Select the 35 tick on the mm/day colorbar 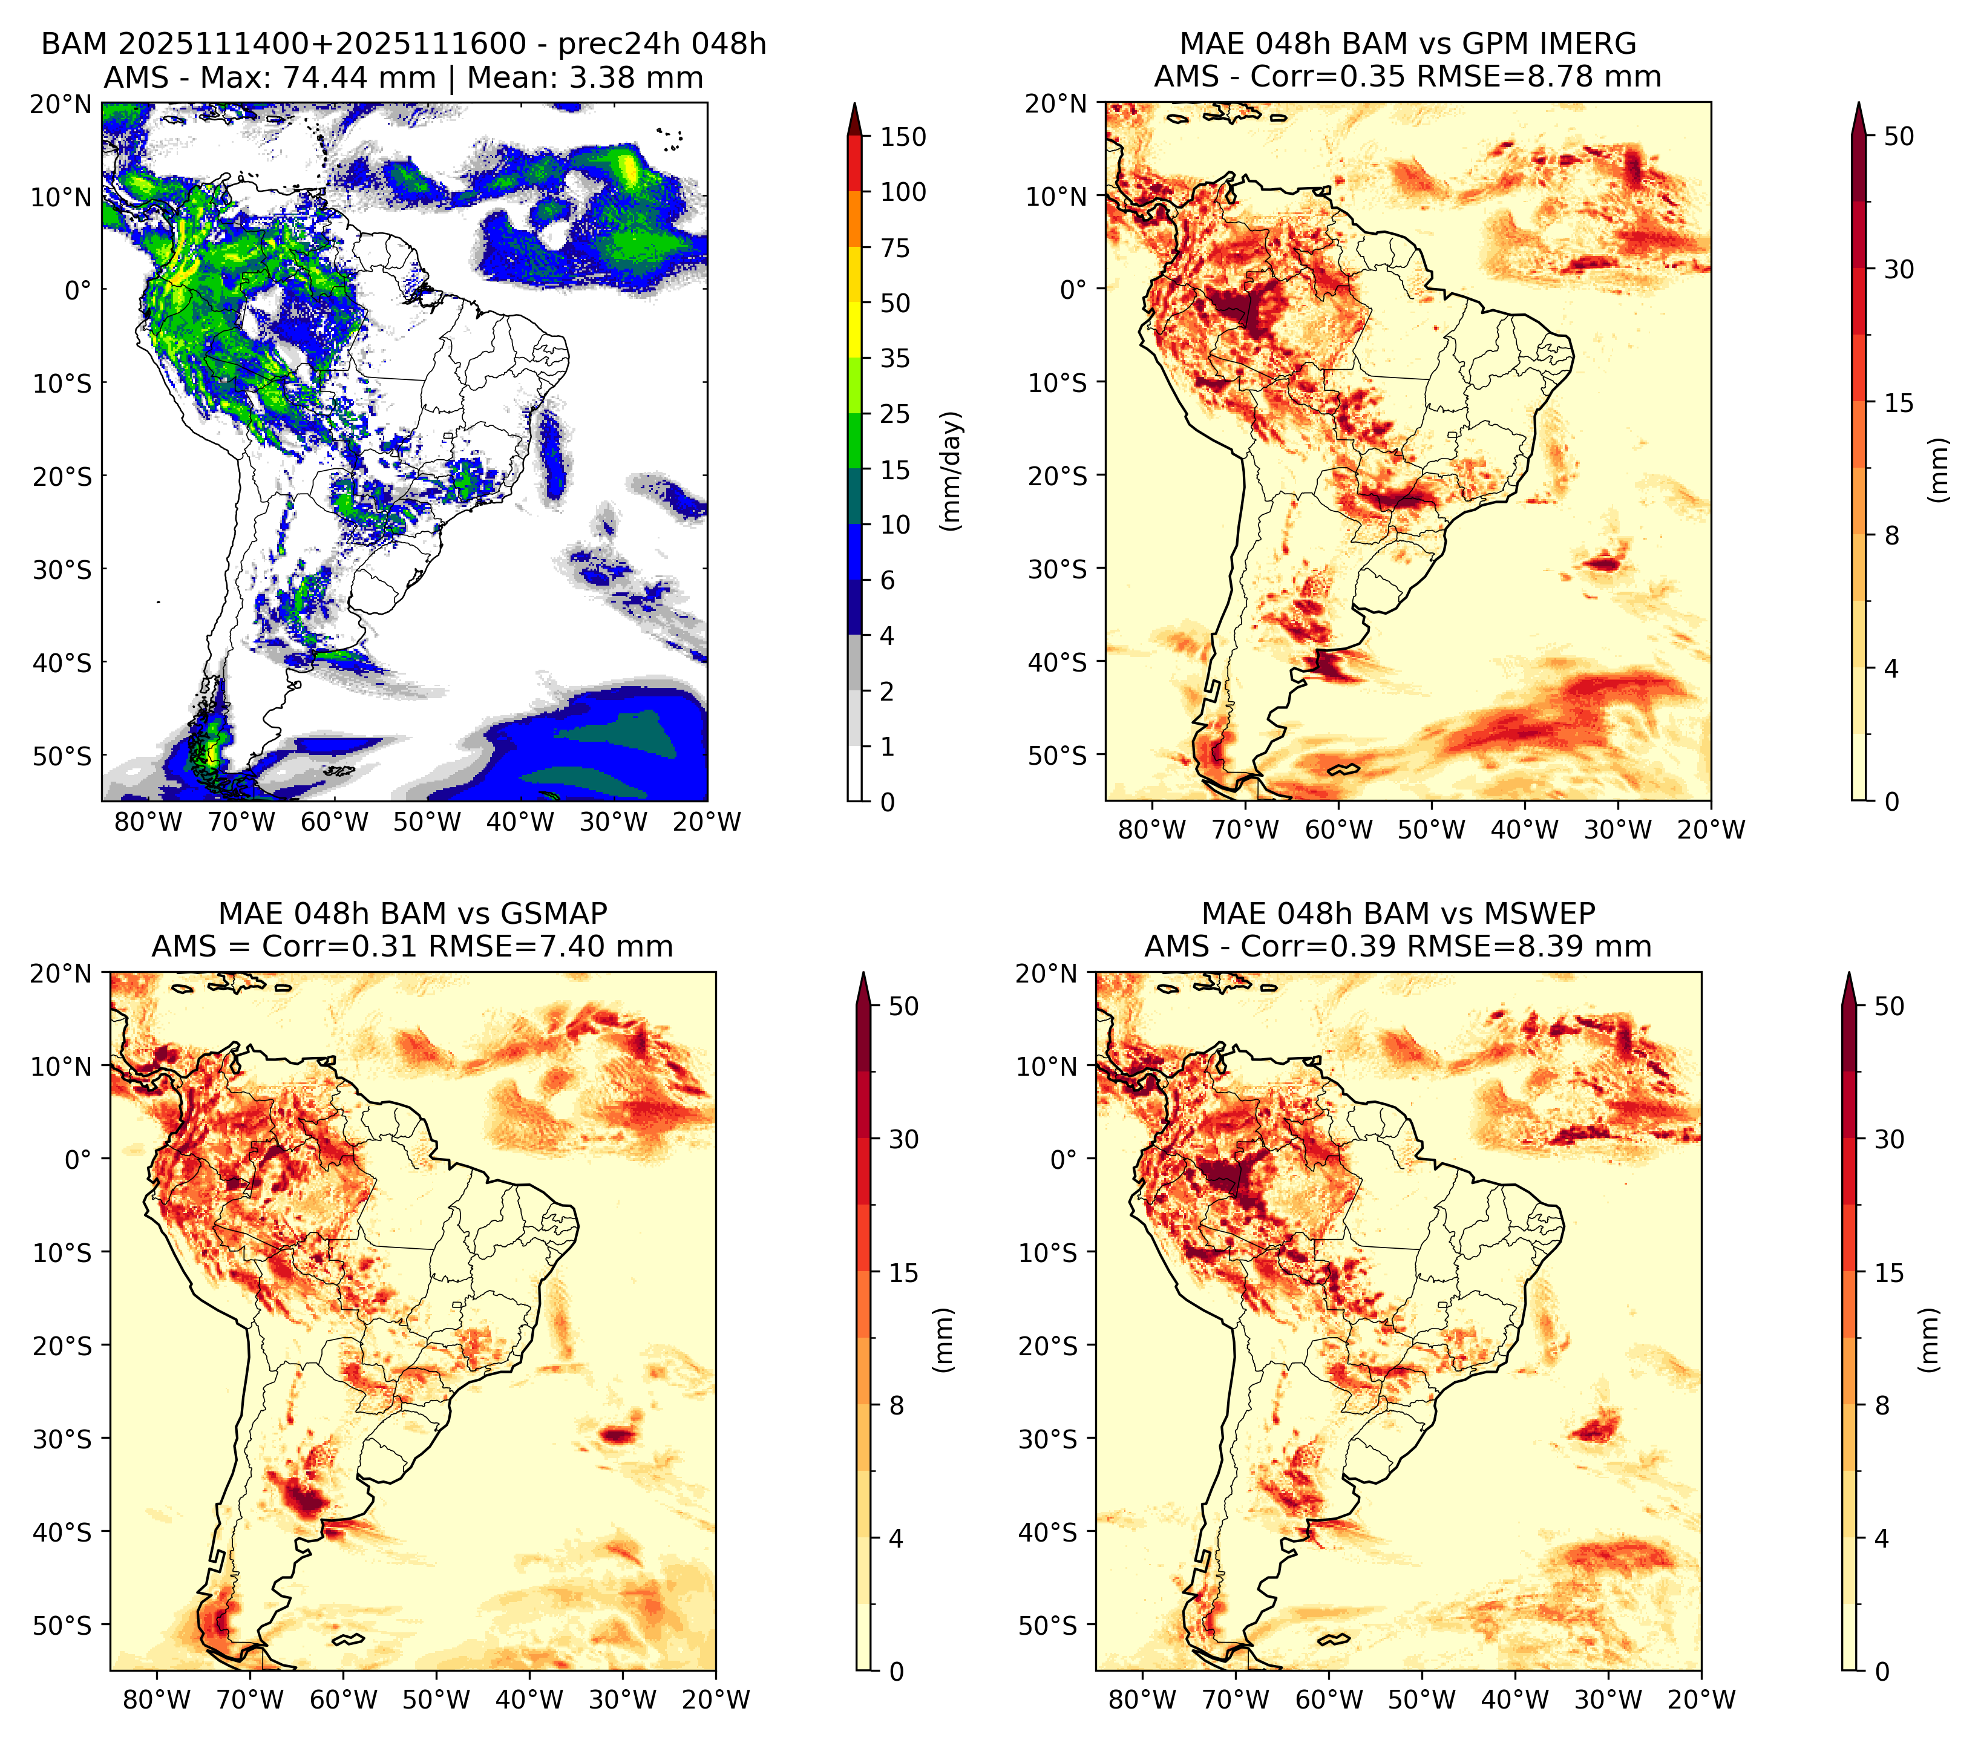(x=896, y=358)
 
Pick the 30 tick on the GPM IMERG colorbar (x=1899, y=269)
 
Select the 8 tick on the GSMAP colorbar (x=897, y=1406)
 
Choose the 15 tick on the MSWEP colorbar (x=1890, y=1273)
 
